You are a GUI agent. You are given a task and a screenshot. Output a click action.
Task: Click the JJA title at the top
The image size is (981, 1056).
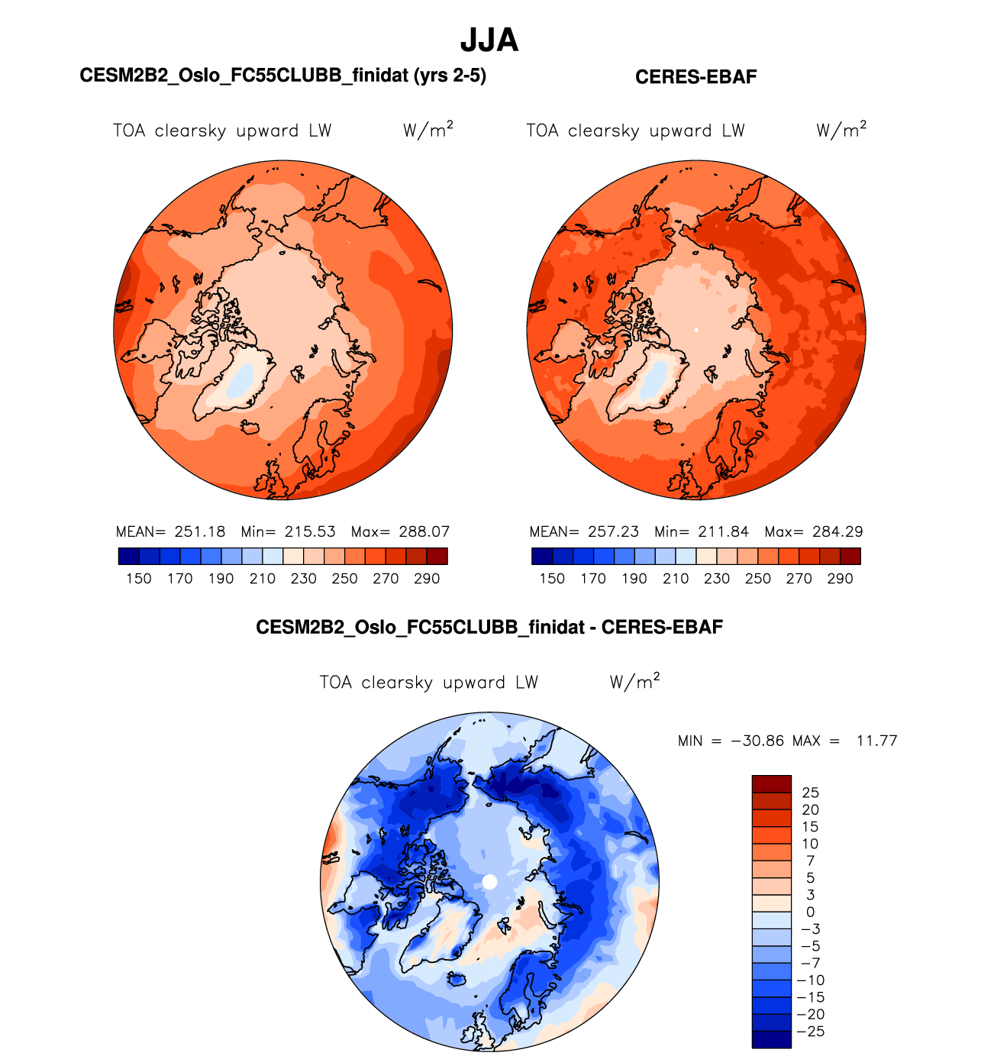point(489,40)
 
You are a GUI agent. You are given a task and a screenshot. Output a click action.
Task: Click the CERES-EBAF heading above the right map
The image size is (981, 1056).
point(695,77)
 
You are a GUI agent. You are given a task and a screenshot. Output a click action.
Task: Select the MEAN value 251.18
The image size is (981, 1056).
point(200,531)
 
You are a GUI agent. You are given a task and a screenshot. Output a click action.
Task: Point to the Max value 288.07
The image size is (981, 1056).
point(424,531)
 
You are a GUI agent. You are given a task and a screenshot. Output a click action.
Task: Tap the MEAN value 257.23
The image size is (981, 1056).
point(613,531)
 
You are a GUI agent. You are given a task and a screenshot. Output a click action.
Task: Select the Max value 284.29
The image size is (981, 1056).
point(837,531)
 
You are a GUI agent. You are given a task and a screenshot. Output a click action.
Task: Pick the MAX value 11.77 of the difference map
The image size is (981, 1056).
point(876,741)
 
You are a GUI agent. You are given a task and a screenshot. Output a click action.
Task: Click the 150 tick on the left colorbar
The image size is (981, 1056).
point(139,579)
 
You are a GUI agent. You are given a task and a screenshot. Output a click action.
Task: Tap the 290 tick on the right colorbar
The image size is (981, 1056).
point(840,579)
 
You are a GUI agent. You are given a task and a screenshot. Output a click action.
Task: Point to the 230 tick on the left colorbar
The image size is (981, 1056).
point(303,579)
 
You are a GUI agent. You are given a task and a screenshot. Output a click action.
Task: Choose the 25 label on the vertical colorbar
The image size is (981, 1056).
point(810,793)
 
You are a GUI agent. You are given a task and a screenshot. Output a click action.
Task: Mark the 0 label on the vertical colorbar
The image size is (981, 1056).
point(810,912)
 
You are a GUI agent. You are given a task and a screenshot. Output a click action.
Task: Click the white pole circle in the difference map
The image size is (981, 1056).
point(490,882)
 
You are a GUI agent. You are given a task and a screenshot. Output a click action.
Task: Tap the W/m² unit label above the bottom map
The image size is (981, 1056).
point(634,681)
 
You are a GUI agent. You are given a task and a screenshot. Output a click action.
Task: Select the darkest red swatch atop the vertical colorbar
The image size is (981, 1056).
point(771,783)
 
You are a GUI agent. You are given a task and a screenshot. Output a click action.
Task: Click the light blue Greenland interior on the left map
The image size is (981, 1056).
point(241,379)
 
